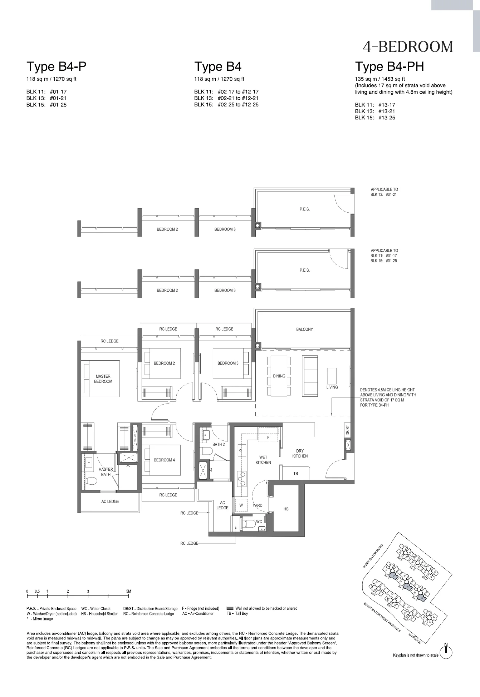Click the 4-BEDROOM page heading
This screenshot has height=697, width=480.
pyautogui.click(x=407, y=47)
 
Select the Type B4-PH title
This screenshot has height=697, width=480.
pyautogui.click(x=389, y=66)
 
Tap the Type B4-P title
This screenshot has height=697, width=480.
pyautogui.click(x=57, y=66)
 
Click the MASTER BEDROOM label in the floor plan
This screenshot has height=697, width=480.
pyautogui.click(x=103, y=379)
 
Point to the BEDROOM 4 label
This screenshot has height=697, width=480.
pyautogui.click(x=164, y=460)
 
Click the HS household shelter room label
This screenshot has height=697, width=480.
pyautogui.click(x=286, y=509)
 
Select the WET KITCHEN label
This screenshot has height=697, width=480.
pyautogui.click(x=263, y=460)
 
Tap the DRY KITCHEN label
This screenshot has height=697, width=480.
pyautogui.click(x=300, y=453)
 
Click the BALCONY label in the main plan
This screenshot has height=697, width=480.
pyautogui.click(x=304, y=329)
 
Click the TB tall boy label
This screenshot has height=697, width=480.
pyautogui.click(x=295, y=474)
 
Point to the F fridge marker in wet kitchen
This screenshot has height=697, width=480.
pyautogui.click(x=268, y=438)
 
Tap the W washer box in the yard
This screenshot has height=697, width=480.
pyautogui.click(x=241, y=505)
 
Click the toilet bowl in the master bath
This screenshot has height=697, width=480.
pyautogui.click(x=92, y=481)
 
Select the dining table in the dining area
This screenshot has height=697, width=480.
pyautogui.click(x=279, y=376)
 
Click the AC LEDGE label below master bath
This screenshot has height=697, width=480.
pyautogui.click(x=110, y=501)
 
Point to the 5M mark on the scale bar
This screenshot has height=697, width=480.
pyautogui.click(x=129, y=591)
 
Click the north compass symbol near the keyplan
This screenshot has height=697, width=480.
pyautogui.click(x=446, y=653)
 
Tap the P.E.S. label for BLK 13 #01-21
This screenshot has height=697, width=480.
pyautogui.click(x=304, y=209)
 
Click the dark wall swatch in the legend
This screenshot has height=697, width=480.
pyautogui.click(x=230, y=608)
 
